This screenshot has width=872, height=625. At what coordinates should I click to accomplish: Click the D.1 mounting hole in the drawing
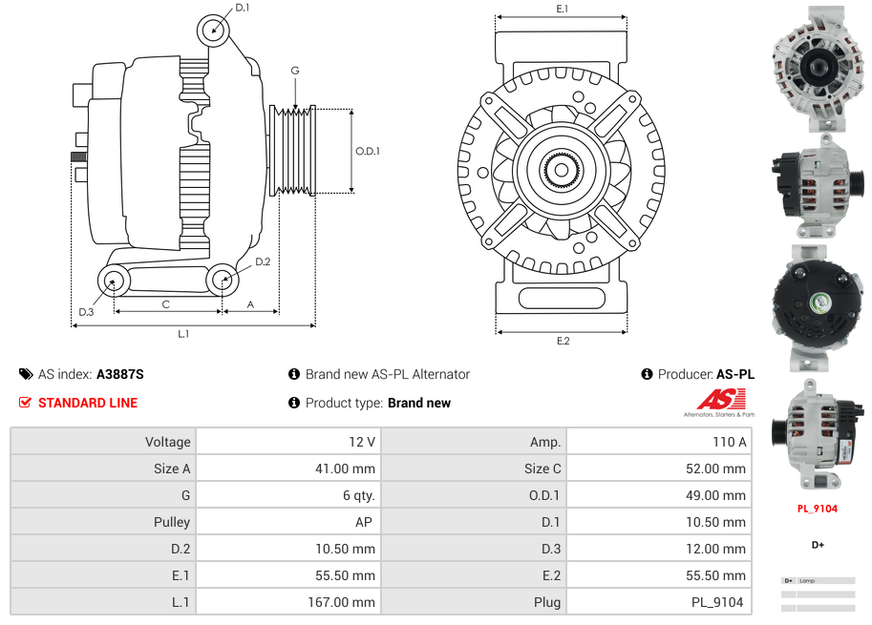click(x=215, y=31)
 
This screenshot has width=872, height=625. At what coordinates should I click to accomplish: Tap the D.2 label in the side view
click(x=263, y=261)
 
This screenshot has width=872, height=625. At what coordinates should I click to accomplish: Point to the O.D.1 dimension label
click(x=368, y=151)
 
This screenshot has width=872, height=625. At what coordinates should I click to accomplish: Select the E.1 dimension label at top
click(x=563, y=9)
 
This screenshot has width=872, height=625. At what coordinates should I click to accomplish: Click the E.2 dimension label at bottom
click(x=563, y=341)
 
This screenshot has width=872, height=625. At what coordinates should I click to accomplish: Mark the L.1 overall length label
click(x=183, y=333)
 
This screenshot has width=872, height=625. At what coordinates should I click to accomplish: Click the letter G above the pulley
click(x=295, y=71)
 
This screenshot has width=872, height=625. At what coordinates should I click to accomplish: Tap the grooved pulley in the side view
click(x=293, y=151)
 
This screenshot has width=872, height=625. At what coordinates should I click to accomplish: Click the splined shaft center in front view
click(x=562, y=171)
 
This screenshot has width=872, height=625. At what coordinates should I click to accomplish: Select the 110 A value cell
click(x=730, y=442)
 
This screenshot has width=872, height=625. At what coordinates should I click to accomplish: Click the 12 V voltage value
click(x=363, y=442)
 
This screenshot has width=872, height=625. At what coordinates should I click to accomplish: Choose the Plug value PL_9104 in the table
click(x=716, y=602)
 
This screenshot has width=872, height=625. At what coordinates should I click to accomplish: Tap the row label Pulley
click(x=172, y=522)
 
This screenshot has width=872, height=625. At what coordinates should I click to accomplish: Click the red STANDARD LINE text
click(x=88, y=403)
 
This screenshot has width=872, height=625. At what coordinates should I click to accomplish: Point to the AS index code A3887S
click(x=120, y=374)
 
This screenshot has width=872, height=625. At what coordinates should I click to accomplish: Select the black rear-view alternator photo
click(x=817, y=305)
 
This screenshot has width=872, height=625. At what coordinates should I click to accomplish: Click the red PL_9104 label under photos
click(x=818, y=509)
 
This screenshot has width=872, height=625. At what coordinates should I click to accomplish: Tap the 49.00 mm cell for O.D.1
click(x=716, y=495)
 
